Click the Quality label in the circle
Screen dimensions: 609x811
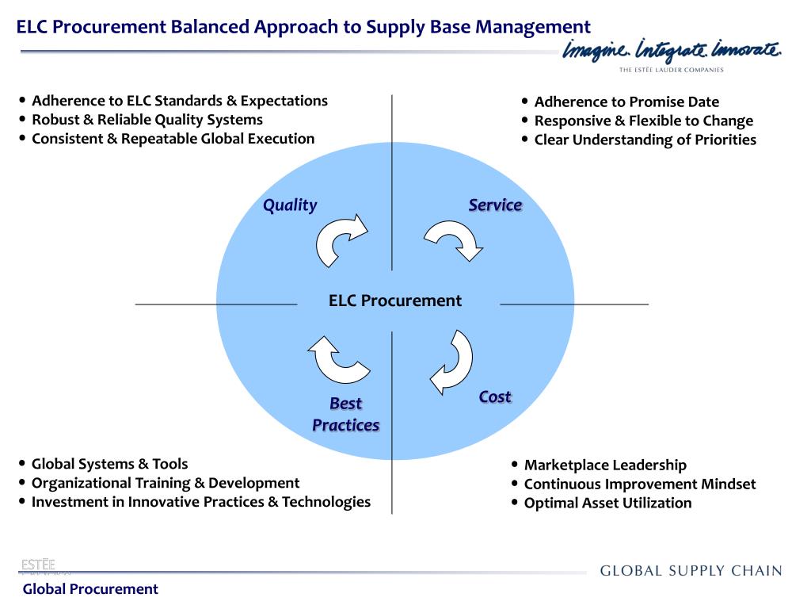(290, 205)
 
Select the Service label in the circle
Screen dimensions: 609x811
(495, 205)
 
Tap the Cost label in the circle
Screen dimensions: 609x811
(495, 396)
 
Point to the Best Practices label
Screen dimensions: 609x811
(346, 414)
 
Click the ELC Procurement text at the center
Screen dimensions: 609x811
(394, 301)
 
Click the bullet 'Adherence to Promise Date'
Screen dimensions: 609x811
(626, 101)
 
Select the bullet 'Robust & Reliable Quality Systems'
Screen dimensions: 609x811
(147, 120)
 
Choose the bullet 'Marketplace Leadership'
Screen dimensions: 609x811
(605, 465)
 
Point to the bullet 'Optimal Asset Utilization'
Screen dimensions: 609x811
(607, 503)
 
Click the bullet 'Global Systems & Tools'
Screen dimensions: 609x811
(109, 464)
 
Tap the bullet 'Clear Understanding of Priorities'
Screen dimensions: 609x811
(645, 140)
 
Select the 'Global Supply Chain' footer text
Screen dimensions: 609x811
(691, 571)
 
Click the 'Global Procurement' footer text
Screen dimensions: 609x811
(90, 588)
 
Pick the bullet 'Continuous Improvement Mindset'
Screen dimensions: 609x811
(640, 484)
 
